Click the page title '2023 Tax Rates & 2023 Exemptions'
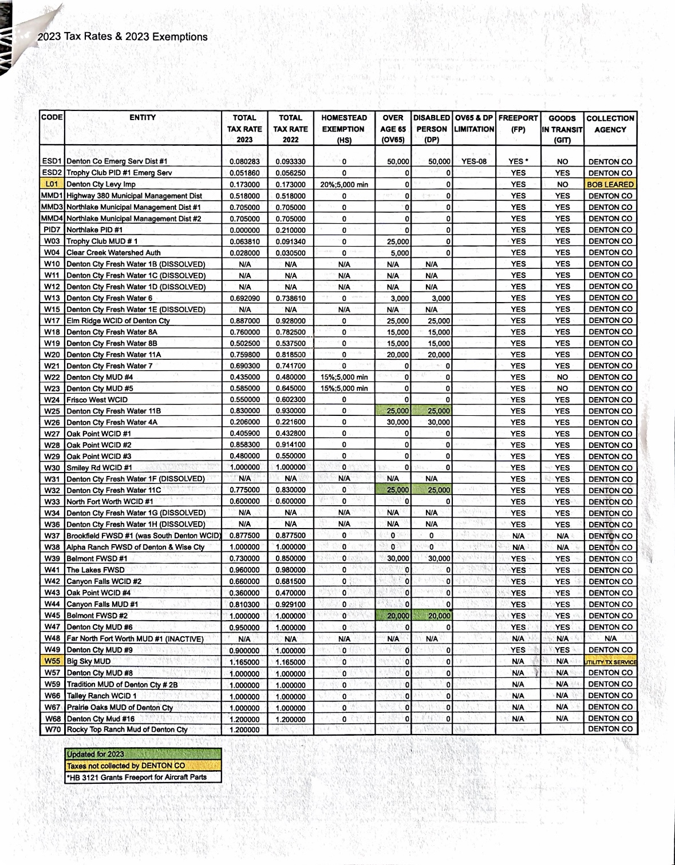pos(123,37)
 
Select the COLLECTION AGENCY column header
pos(610,124)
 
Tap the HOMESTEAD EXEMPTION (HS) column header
pos(344,129)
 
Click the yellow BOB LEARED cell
pos(610,185)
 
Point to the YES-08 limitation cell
pos(473,162)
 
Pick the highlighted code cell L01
pos(52,184)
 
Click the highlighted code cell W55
pos(52,661)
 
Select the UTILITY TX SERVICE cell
pos(610,662)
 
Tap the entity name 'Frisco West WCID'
pos(97,400)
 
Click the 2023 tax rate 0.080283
pos(244,162)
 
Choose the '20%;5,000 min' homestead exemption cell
pos(344,185)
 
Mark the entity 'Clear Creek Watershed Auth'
pos(113,253)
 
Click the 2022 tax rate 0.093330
pos(290,162)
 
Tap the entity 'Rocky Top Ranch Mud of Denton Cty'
pos(127,729)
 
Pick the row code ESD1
pos(52,161)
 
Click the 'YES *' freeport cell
pos(518,162)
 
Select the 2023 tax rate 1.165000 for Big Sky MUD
pos(244,662)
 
